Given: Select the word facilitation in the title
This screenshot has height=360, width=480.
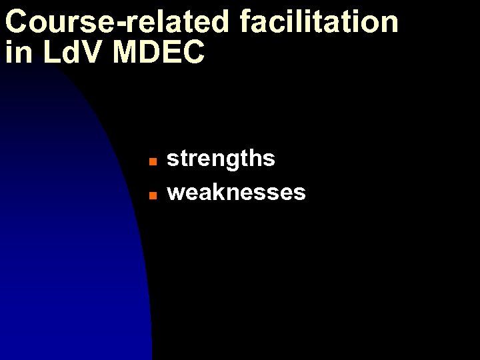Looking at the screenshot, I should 319,21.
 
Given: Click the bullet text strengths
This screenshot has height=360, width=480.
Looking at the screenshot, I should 221,159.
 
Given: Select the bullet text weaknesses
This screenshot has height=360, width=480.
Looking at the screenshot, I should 236,193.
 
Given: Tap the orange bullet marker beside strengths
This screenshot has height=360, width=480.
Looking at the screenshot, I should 152,161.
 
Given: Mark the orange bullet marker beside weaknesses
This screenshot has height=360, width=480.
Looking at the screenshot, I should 152,195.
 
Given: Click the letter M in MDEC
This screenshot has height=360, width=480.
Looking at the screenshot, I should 126,53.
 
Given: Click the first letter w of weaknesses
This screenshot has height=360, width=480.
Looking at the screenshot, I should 177,193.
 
